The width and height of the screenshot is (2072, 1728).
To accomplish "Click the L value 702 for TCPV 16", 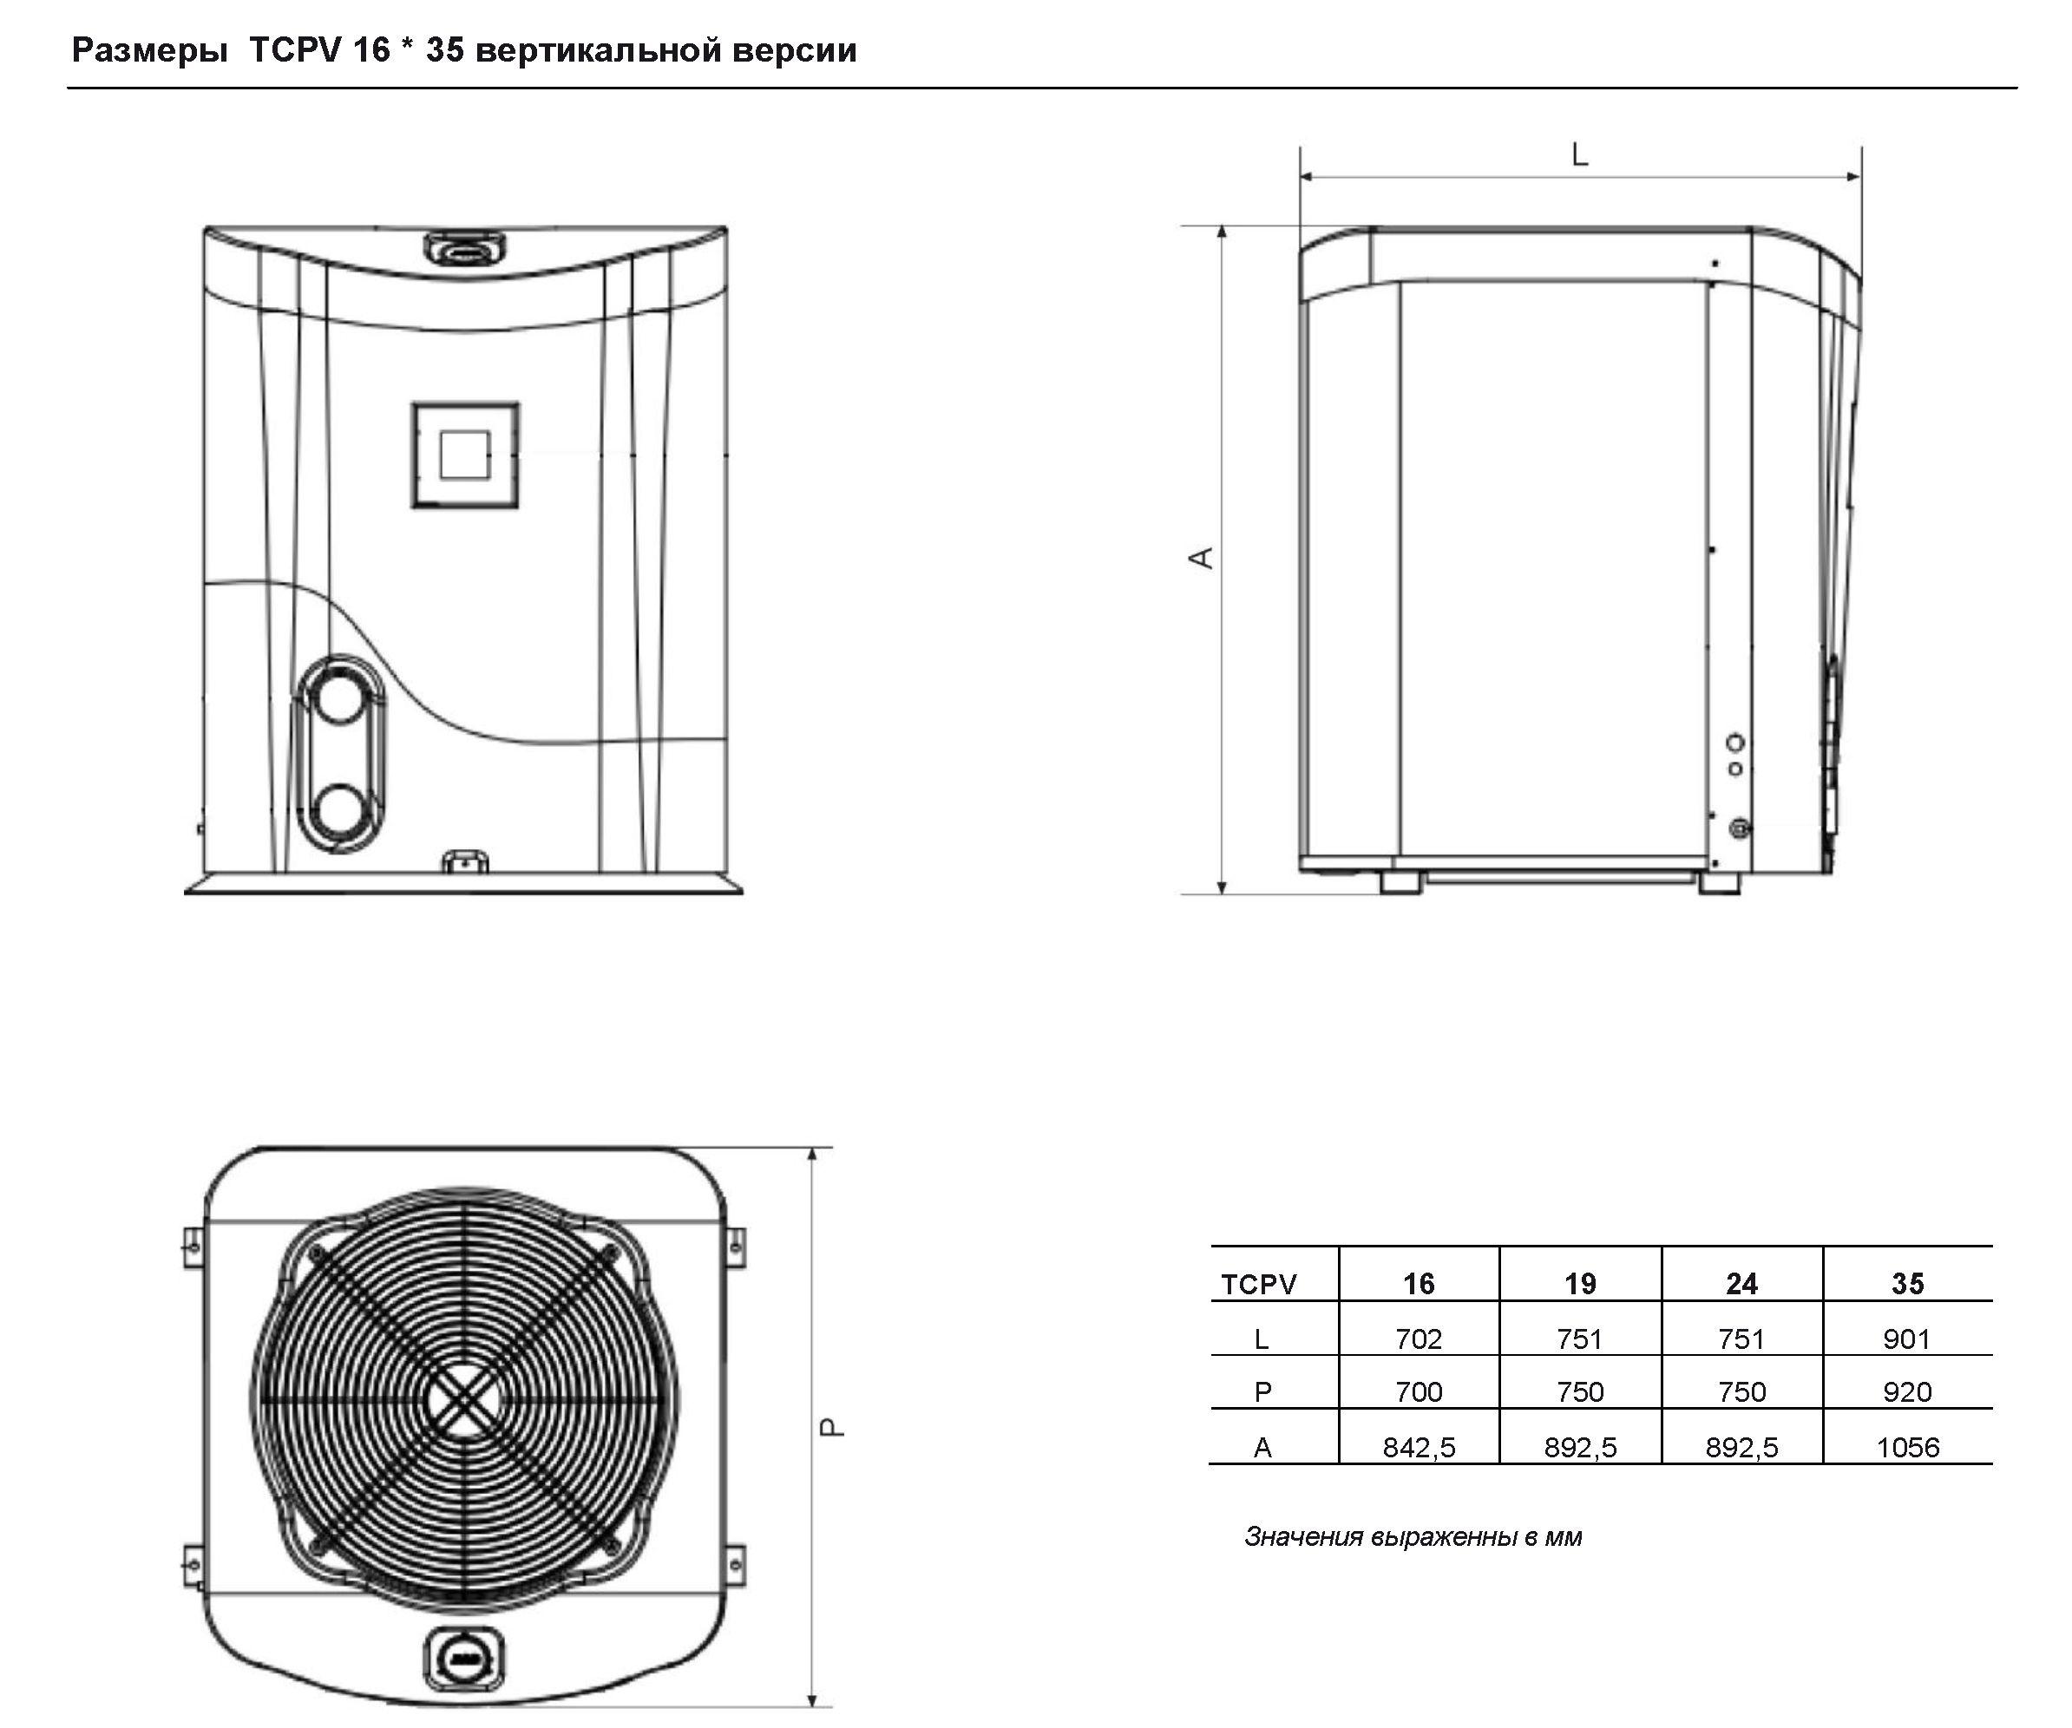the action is [1418, 1339].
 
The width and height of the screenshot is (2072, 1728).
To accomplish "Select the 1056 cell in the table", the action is [1907, 1447].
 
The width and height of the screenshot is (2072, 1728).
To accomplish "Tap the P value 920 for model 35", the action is [1906, 1391].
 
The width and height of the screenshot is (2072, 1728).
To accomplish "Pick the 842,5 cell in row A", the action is [1419, 1447].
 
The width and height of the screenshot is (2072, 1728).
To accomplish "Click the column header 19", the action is [1580, 1283].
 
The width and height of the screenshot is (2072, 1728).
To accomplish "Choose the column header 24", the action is [1741, 1283].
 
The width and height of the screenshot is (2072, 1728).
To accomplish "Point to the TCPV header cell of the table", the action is [1259, 1284].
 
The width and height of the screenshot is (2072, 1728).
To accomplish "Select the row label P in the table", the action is [1262, 1391].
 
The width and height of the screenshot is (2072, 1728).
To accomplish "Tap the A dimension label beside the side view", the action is [1201, 557].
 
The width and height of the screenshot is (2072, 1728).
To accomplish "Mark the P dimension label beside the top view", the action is [833, 1427].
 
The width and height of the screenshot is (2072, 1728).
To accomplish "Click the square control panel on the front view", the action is [465, 455].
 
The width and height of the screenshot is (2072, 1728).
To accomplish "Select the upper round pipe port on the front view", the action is [338, 694].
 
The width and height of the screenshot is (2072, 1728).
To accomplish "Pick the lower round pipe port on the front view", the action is [339, 811].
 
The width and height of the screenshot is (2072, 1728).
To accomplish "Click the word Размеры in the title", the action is [150, 50].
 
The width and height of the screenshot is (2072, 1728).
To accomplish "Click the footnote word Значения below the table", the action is [1303, 1536].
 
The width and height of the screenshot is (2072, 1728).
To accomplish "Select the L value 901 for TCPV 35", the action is [1906, 1339].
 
